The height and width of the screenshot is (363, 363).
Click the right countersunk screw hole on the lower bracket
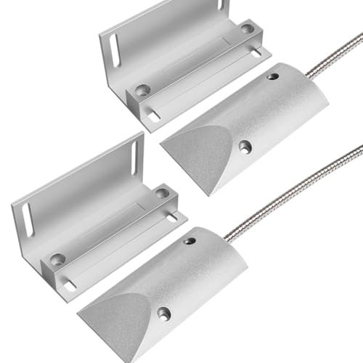pyautogui.click(x=162, y=194)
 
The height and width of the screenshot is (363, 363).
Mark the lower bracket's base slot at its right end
pyautogui.click(x=171, y=216)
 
